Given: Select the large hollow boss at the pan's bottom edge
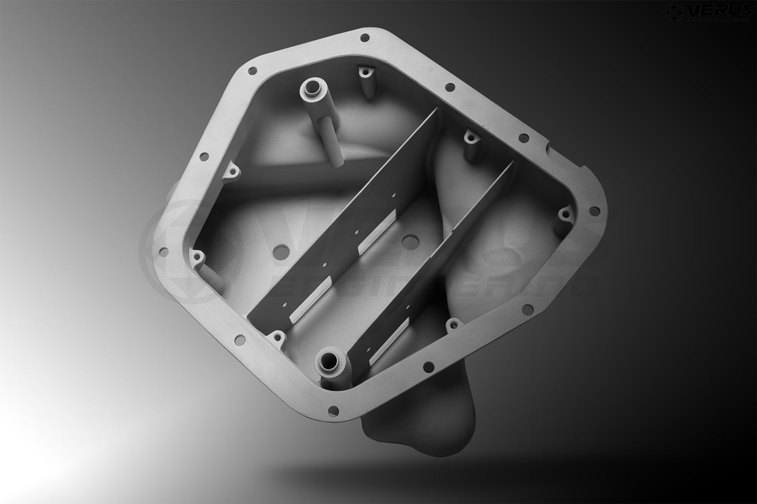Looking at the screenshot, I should click(x=330, y=360).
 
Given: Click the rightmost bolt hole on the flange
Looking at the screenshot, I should click(x=593, y=210).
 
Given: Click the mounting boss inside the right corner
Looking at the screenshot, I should click(x=565, y=214).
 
